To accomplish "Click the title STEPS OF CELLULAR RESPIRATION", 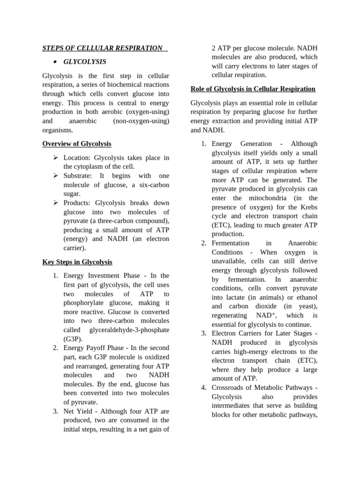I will click(x=103, y=48).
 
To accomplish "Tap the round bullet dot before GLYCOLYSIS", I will click(x=55, y=62).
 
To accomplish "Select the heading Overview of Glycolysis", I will click(x=77, y=143).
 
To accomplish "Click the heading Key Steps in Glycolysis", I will click(x=77, y=262).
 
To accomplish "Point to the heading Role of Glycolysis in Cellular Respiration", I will click(x=253, y=89).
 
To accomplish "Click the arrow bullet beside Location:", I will click(x=56, y=157).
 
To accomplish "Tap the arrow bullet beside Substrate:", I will click(x=56, y=175).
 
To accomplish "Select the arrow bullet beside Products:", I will click(x=56, y=203).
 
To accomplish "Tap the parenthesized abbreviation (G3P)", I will click(x=73, y=338).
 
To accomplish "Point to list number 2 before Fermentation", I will click(x=204, y=243).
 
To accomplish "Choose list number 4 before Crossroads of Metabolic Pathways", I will click(x=204, y=387).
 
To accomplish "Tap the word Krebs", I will click(x=308, y=207).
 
